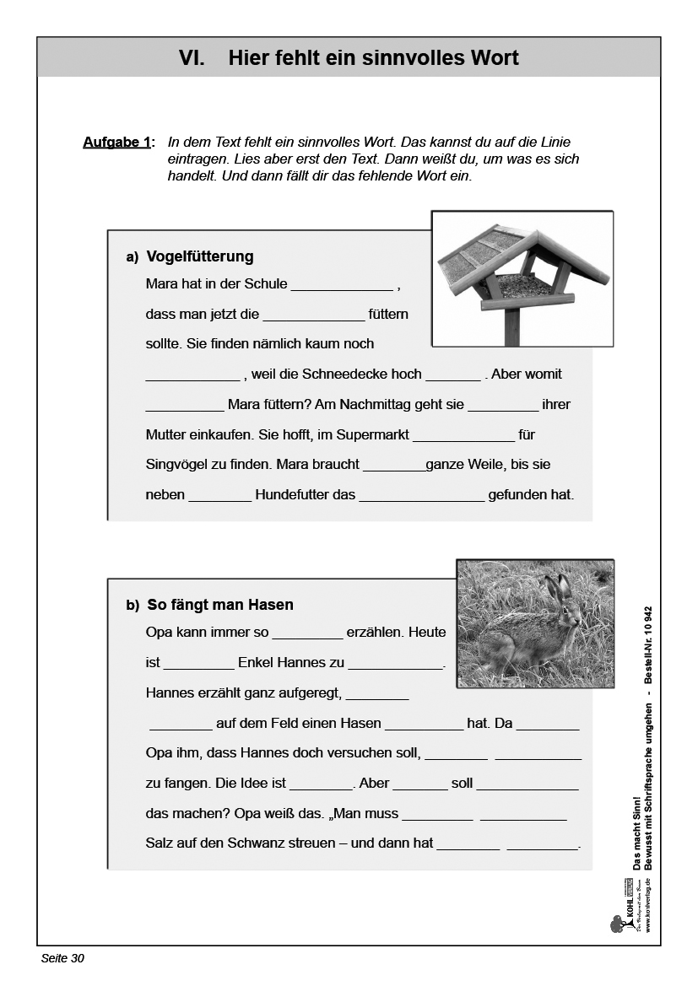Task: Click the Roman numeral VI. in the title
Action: (x=192, y=58)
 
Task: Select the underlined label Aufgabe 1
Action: (x=116, y=143)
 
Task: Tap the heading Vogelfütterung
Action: (x=200, y=256)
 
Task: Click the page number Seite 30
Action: (x=62, y=958)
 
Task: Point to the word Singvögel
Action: (x=176, y=464)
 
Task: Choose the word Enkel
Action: (x=257, y=663)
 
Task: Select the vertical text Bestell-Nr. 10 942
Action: (x=648, y=644)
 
